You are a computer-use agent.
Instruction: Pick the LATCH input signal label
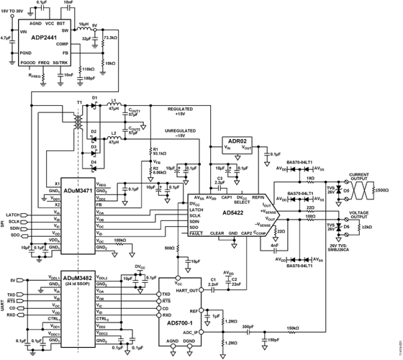click(14, 215)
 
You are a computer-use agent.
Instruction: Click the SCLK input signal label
click(14, 221)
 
